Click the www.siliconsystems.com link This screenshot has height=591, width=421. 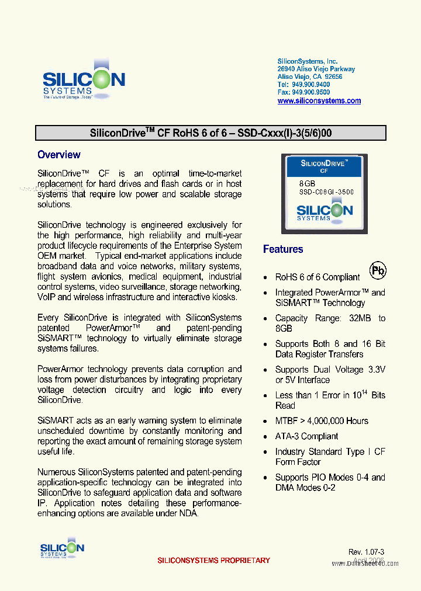pos(319,100)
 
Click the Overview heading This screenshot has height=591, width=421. pos(58,155)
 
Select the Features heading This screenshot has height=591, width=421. pos(283,249)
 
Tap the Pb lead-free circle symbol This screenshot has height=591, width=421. pos(378,270)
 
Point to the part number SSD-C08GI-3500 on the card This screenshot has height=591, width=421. pos(326,192)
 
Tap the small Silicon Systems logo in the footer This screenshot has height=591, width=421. pos(62,549)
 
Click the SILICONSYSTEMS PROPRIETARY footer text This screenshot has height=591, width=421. pos(213,561)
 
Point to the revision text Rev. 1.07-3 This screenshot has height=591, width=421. pos(366,552)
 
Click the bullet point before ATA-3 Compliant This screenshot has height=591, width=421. pos(266,437)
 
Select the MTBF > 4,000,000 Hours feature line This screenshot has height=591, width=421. pos(322,421)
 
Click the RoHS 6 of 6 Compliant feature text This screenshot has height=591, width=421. pos(318,277)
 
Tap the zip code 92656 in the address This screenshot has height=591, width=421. pos(334,77)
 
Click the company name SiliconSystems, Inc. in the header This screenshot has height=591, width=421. pos(307,61)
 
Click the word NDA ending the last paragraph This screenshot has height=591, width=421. pos(188,513)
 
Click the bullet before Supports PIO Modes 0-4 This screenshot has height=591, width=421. pos(266,478)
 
